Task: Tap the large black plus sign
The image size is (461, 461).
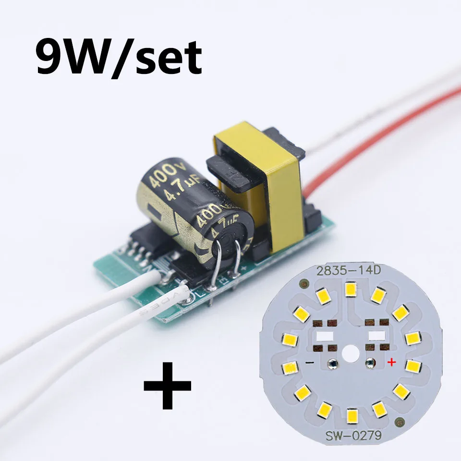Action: click(x=168, y=386)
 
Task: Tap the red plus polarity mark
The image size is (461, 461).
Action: click(x=391, y=362)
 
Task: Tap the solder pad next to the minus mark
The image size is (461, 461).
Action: click(x=331, y=363)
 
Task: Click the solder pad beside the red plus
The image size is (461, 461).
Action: click(x=370, y=363)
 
